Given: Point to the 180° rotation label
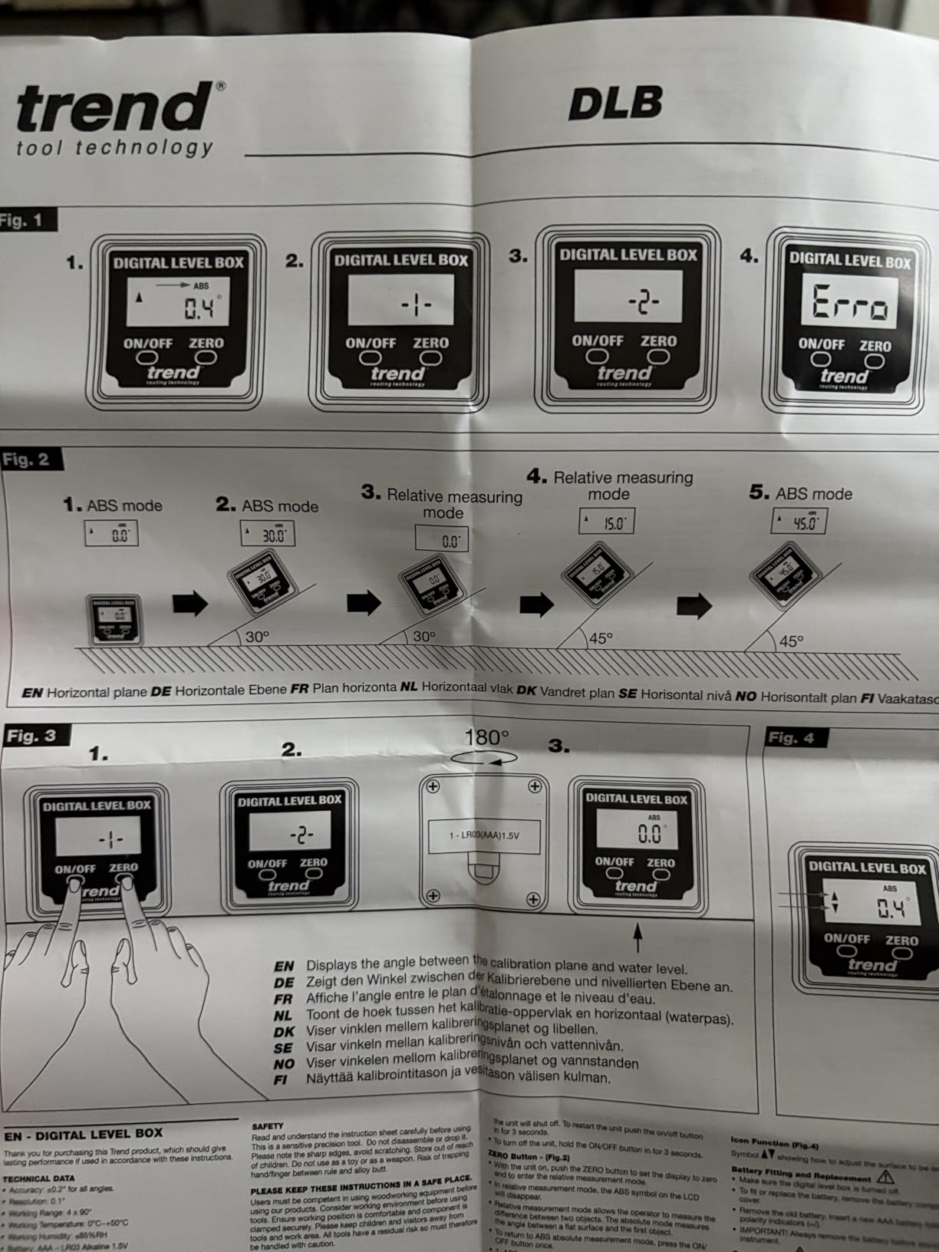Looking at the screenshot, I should click(486, 738).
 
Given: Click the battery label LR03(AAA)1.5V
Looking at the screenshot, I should click(484, 835).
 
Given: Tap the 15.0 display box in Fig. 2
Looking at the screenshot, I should click(606, 522).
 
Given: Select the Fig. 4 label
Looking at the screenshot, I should click(791, 738).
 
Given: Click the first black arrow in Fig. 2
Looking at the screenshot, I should click(189, 604).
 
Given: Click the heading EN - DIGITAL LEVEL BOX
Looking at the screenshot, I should click(84, 1133).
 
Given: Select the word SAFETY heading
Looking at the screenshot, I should click(267, 1125).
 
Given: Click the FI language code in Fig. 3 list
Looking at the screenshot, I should click(280, 1079).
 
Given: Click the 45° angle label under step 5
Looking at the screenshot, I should click(791, 641).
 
